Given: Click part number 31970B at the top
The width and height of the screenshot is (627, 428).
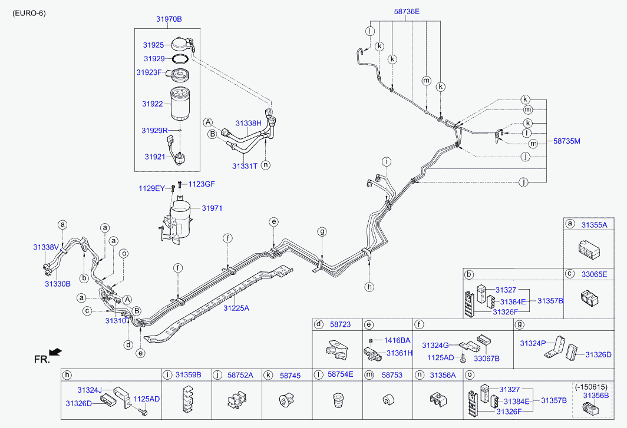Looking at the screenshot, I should pos(169,19).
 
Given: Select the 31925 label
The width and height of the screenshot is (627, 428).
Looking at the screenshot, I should pos(153,45).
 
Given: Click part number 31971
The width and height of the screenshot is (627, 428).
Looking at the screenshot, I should pos(212,208).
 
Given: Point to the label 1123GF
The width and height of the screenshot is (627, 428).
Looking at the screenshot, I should pos(202,184).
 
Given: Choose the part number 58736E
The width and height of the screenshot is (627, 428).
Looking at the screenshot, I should pos(407,11).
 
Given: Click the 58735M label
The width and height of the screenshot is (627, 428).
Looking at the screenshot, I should pos(566,141).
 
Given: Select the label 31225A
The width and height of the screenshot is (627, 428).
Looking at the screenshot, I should pos(236,308).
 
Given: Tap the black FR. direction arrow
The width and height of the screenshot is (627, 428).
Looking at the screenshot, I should pos(55,352).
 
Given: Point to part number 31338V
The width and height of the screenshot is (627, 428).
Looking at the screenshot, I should pos(45,248).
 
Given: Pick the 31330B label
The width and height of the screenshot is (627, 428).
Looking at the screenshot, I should pos(57,283).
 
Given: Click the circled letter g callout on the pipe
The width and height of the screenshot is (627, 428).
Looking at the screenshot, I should pos(322,231).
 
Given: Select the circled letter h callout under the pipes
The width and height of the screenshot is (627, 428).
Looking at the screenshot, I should pos(369,287).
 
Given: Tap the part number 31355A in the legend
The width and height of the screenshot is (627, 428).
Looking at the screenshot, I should pos(593,224).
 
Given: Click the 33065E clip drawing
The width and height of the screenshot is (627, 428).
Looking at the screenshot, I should pos(590,297).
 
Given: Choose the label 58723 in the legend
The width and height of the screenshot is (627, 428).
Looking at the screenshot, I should pos(340,324).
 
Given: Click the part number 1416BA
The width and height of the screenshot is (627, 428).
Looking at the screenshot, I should pos(397,340).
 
